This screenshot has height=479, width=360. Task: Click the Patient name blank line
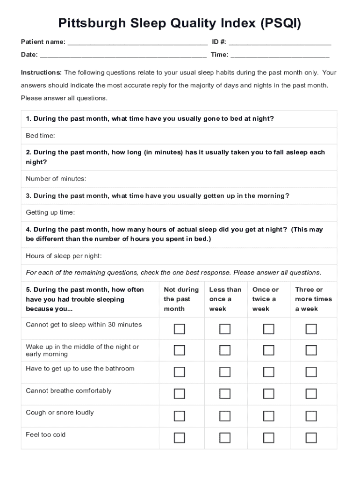137,43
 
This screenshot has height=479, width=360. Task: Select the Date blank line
123,56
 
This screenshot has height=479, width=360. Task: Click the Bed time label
40,136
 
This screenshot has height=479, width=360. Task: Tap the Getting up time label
50,212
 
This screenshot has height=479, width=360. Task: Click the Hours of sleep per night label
64,256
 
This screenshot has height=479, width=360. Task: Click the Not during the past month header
181,299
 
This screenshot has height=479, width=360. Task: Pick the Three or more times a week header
313,299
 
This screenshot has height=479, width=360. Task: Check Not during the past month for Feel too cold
180,438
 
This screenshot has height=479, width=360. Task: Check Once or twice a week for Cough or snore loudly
268,416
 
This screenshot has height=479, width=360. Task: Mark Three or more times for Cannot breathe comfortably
311,394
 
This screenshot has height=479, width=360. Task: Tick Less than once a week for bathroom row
225,372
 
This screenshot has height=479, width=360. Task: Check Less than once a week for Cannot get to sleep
225,329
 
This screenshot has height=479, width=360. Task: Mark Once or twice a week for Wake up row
268,350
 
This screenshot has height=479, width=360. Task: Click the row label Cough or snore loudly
60,413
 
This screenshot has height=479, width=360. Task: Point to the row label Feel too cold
46,435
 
